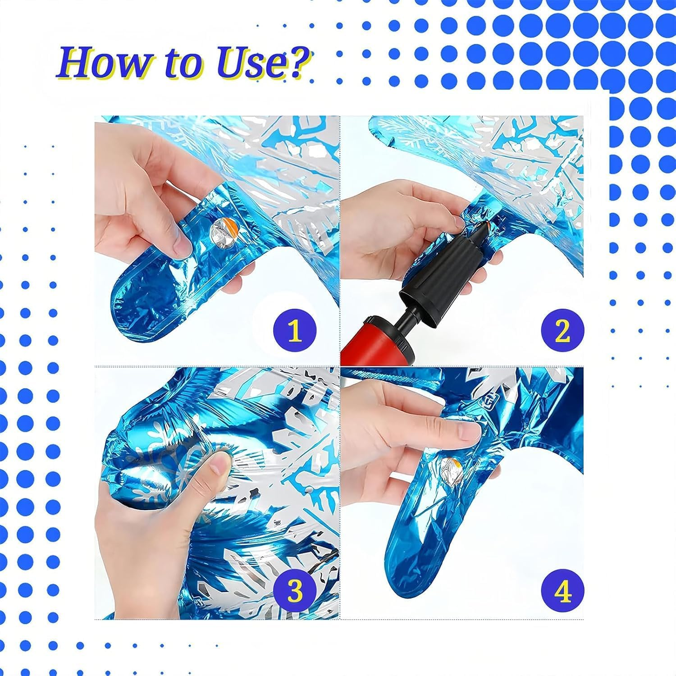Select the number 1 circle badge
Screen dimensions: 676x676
(295, 330)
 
